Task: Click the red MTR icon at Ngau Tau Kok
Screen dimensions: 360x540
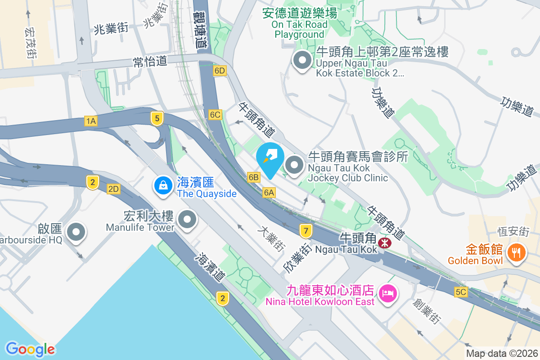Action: tap(385, 243)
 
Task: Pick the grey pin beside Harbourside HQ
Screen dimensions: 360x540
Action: tap(76, 233)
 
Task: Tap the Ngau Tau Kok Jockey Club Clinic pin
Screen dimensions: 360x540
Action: tap(295, 165)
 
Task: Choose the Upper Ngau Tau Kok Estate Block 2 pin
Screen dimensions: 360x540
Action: tap(302, 60)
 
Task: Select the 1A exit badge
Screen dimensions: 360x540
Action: tap(91, 121)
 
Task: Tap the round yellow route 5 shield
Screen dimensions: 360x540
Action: tap(157, 119)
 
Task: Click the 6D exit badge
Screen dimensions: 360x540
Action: tap(220, 71)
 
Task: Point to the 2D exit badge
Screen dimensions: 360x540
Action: tap(113, 189)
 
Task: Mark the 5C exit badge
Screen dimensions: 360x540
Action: tap(461, 292)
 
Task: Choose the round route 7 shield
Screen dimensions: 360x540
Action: tap(306, 231)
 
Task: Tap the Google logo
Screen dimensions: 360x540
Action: tap(30, 349)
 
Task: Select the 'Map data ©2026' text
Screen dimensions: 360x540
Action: tap(501, 354)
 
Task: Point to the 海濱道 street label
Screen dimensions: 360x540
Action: tap(209, 266)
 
